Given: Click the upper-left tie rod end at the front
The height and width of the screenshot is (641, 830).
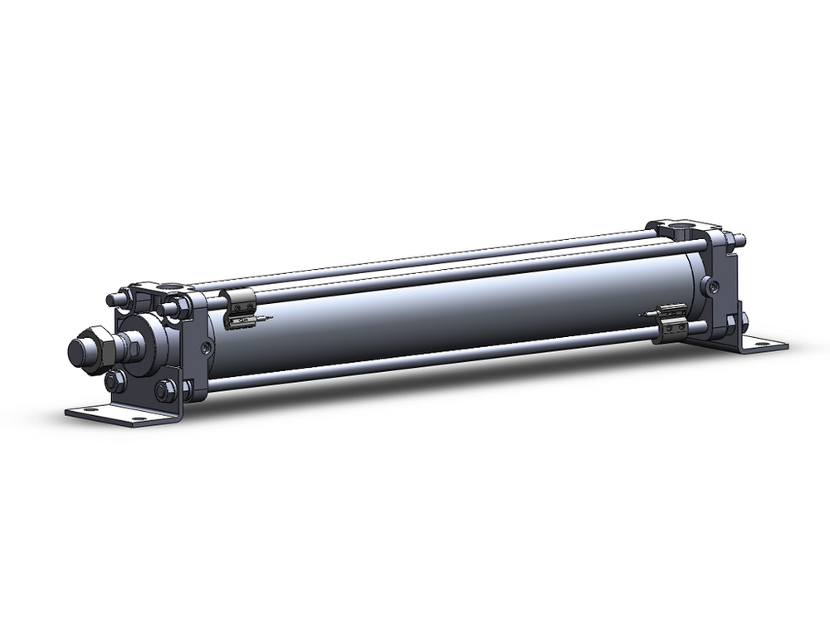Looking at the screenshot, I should [x=112, y=298].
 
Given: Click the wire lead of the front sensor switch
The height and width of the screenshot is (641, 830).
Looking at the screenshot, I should [x=264, y=317].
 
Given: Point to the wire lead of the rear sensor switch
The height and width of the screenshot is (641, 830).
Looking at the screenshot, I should [x=646, y=315].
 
